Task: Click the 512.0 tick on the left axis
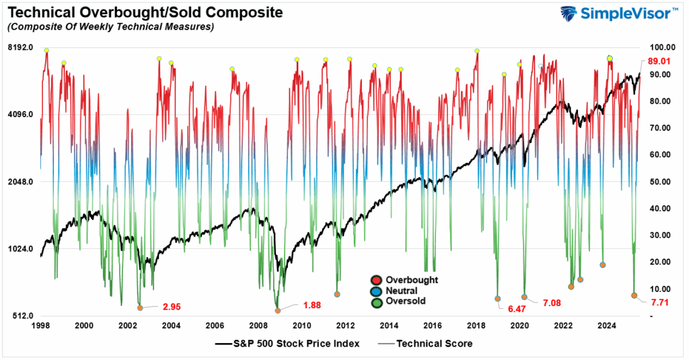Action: (21, 316)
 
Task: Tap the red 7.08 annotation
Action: (552, 303)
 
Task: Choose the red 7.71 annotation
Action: (660, 303)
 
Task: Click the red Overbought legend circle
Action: (376, 280)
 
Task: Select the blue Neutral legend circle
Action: (376, 291)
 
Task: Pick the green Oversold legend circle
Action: (376, 301)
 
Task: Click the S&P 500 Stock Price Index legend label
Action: (297, 343)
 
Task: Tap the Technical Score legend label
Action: (435, 343)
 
